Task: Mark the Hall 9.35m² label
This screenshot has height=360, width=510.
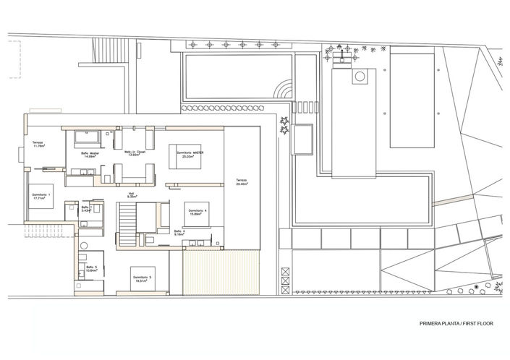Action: click(132, 194)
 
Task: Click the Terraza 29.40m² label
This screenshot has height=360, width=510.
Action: click(241, 182)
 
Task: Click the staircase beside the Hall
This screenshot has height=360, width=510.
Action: click(127, 218)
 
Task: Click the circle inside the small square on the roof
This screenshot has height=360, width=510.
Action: click(358, 76)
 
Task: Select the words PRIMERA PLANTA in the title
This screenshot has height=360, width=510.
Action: click(436, 323)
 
